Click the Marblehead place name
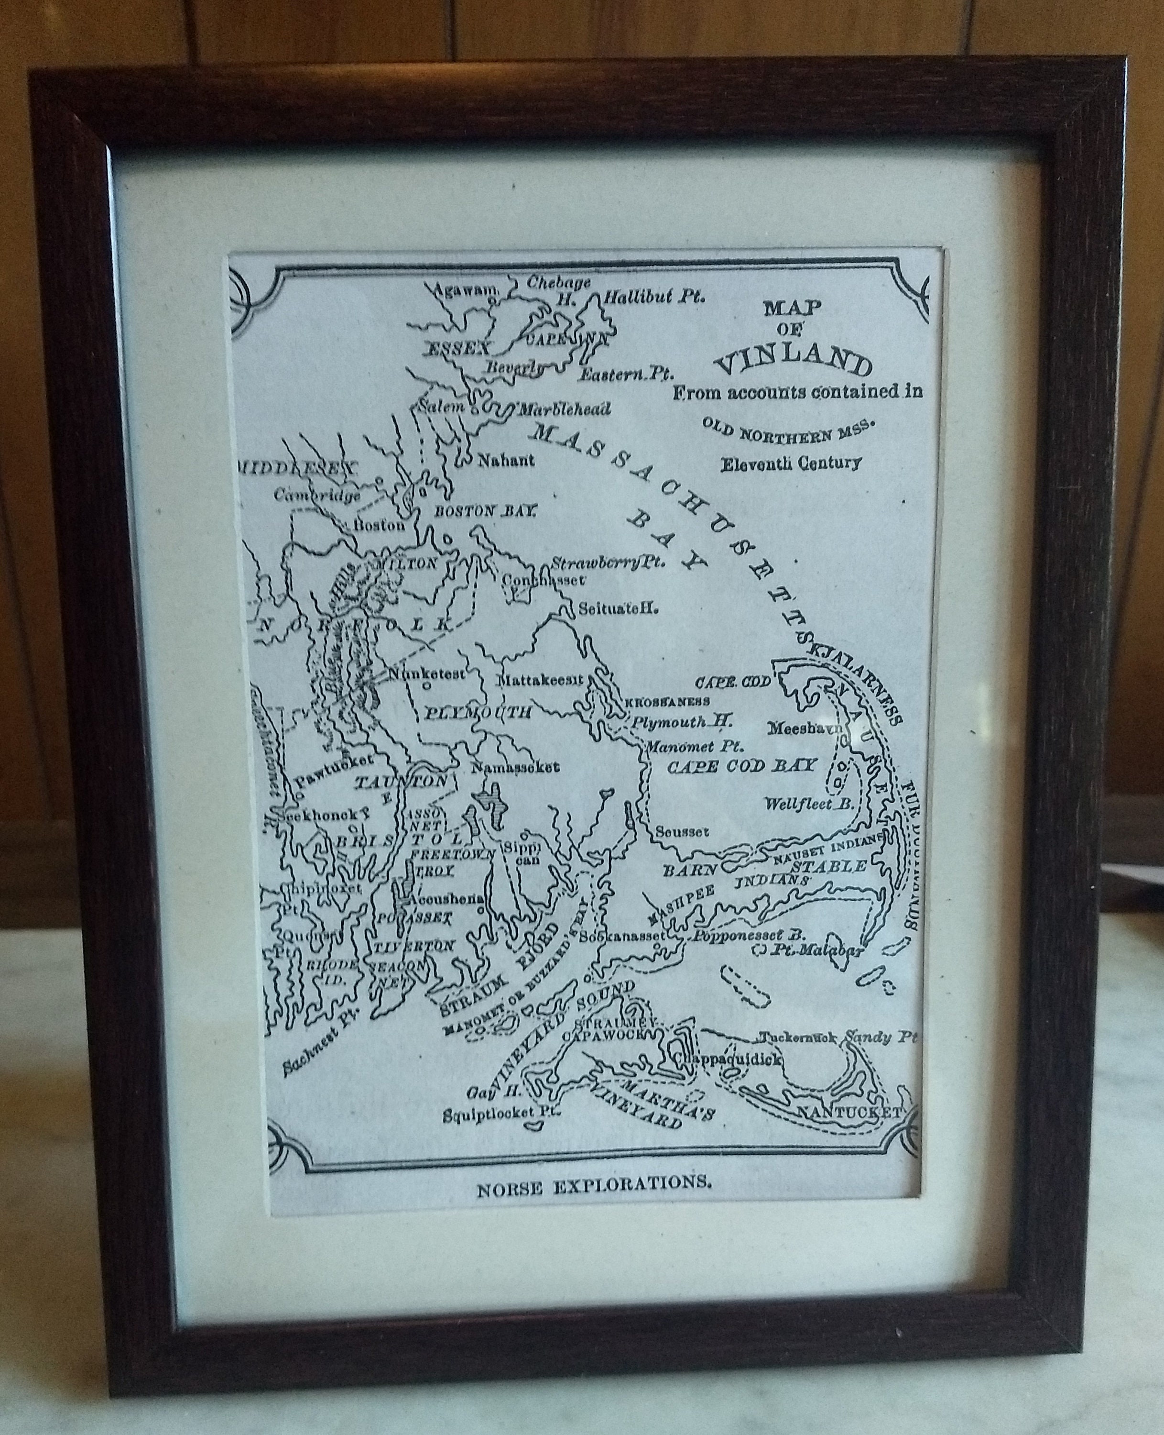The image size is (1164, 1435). (x=561, y=408)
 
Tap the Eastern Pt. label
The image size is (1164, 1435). (x=626, y=373)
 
